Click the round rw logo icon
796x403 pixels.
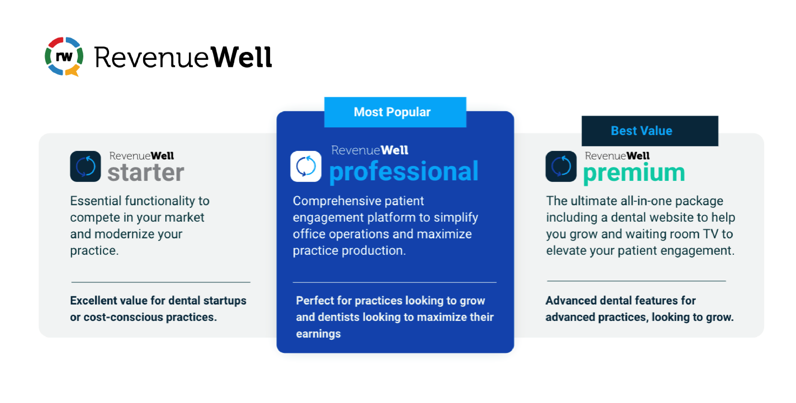coord(64,56)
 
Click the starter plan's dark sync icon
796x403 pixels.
coord(86,166)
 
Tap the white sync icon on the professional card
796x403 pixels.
coord(306,166)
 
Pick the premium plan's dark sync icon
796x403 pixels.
coord(561,166)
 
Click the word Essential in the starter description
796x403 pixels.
coord(95,201)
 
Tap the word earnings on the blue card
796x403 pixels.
coord(318,334)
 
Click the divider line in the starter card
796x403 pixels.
coord(161,282)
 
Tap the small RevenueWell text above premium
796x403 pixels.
coord(617,156)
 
